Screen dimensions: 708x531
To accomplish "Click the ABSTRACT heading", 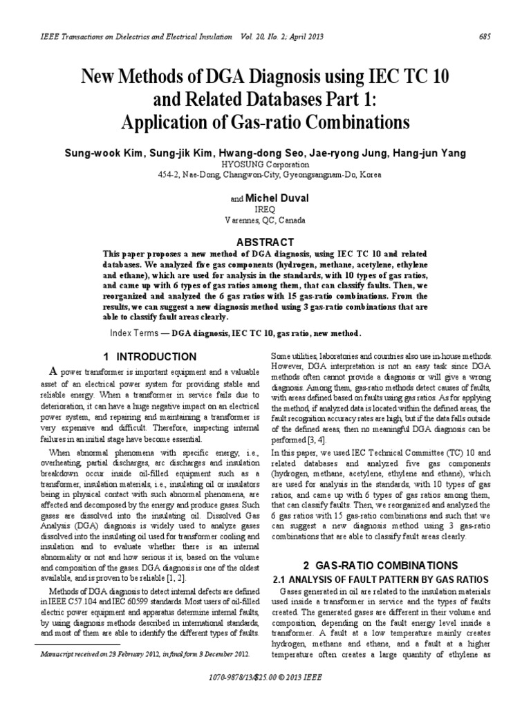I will pyautogui.click(x=265, y=242).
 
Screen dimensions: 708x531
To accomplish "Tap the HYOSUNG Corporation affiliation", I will pyautogui.click(x=265, y=165).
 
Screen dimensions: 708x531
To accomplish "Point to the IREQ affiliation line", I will pyautogui.click(x=265, y=209).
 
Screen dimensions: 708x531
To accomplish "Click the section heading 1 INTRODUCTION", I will pyautogui.click(x=149, y=357).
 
